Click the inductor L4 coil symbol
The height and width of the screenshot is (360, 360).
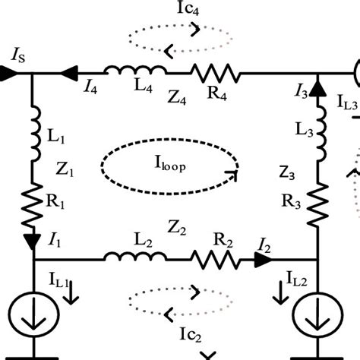coord(135,70)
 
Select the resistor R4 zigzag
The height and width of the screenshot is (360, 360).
coord(215,74)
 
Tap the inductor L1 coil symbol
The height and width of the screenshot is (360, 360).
coord(36,134)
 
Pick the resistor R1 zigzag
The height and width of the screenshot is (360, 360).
coord(32,205)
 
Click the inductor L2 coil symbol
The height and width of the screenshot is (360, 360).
coord(135,256)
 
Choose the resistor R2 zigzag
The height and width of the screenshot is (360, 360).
coord(215,260)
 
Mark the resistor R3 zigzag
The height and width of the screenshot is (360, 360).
coord(317,204)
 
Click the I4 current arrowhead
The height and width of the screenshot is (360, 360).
coord(69,74)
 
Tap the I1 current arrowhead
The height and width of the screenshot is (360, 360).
coord(33,242)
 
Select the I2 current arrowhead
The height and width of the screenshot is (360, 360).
coord(263,260)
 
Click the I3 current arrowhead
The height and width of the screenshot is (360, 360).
coord(317,89)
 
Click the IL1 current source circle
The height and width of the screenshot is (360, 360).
coord(33,314)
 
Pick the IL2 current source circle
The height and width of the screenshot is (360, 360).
coord(317,315)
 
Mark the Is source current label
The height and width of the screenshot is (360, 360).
coord(18,56)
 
